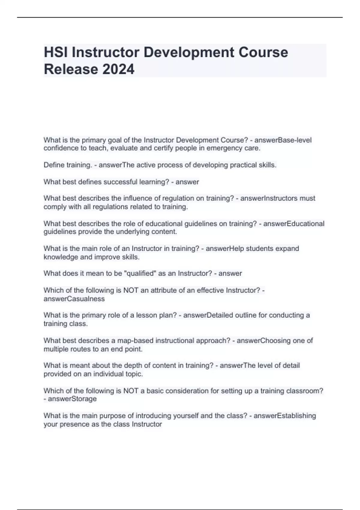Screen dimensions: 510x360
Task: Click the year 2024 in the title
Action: coord(118,69)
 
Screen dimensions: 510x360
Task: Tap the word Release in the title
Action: coord(71,69)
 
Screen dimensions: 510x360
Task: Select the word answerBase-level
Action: coord(283,140)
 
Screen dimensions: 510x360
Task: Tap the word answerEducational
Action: coord(294,224)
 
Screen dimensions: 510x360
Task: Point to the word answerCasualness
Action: coord(74,299)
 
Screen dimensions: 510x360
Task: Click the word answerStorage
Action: coord(72,399)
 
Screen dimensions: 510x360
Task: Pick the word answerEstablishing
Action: coord(285,416)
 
